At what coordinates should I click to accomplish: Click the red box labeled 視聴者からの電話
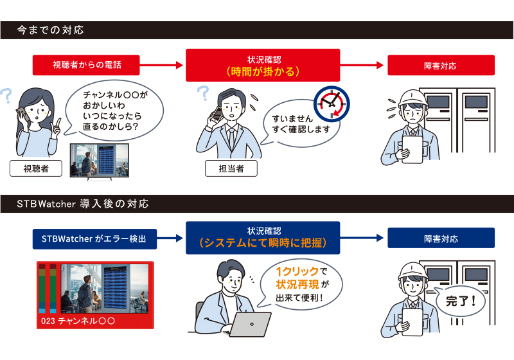[87, 65]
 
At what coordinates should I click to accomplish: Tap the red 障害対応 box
[441, 65]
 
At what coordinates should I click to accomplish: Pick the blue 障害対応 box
[441, 239]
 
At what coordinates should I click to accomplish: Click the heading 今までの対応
[51, 30]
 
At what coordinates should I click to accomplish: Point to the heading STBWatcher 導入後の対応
[84, 204]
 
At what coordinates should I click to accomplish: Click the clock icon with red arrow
[330, 104]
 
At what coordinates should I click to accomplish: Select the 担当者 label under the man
[231, 169]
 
